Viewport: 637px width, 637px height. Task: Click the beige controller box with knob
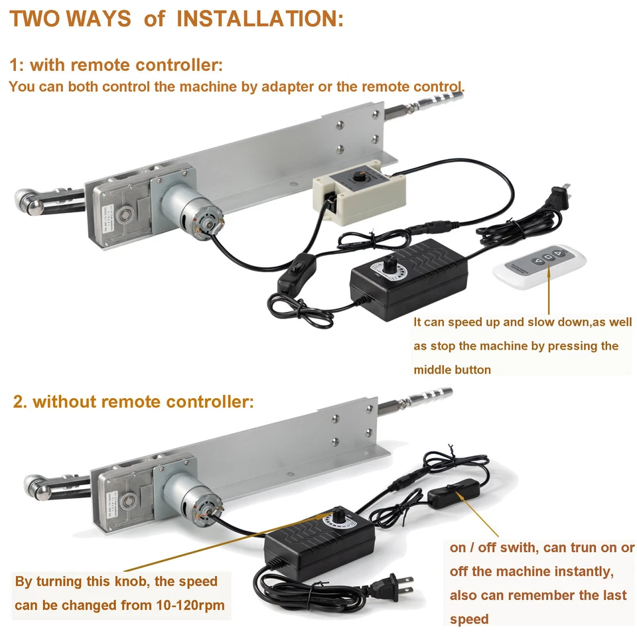coord(358,192)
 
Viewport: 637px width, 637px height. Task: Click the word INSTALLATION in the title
coord(259,19)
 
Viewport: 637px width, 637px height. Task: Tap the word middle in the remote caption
coord(433,370)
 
